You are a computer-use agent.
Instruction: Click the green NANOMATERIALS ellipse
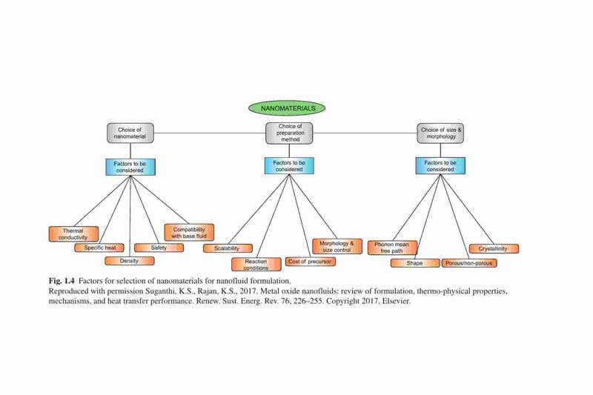click(x=287, y=108)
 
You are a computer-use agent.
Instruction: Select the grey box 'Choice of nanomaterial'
click(x=130, y=133)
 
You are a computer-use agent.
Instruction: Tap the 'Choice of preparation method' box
click(x=289, y=133)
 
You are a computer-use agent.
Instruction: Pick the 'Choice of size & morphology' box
click(x=440, y=133)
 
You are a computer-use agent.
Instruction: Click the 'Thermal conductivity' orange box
click(x=73, y=234)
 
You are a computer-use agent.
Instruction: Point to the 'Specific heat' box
click(x=99, y=248)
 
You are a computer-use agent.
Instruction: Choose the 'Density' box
click(x=130, y=261)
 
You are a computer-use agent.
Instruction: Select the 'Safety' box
click(x=159, y=248)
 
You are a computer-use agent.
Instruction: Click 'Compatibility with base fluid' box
click(x=189, y=233)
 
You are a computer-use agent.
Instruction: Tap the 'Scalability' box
click(x=228, y=248)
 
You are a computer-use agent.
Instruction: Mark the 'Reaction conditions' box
click(x=256, y=265)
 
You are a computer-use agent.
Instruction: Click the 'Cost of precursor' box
click(x=310, y=262)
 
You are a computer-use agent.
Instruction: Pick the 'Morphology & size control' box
click(x=337, y=247)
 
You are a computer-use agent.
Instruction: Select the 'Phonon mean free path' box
click(x=393, y=248)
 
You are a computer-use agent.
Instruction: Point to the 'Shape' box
click(x=415, y=263)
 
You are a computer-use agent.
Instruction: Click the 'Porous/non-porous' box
click(x=469, y=263)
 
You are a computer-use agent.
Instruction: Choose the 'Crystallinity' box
click(x=494, y=249)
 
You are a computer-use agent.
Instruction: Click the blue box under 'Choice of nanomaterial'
click(x=130, y=167)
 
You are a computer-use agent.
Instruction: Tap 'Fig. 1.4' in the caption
click(x=62, y=281)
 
